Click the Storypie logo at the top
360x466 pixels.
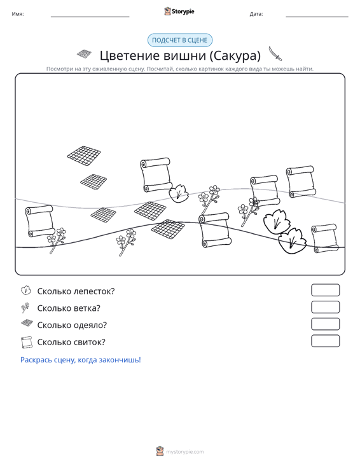[x=179, y=11]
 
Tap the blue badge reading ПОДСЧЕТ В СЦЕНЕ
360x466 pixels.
[x=180, y=40]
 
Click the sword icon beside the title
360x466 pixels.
[x=275, y=54]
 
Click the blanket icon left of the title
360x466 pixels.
[x=84, y=54]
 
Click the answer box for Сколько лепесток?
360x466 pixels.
[x=325, y=290]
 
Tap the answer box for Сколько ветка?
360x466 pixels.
[x=325, y=307]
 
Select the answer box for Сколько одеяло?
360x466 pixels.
[x=325, y=324]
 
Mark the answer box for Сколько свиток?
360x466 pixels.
[x=325, y=341]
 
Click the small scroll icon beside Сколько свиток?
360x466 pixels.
[x=27, y=342]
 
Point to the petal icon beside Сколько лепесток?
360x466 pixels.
[x=26, y=291]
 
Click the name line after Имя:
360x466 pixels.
[x=90, y=17]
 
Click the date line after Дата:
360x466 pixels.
[x=317, y=17]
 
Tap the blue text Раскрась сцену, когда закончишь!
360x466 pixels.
[x=81, y=360]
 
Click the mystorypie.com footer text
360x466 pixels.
[x=185, y=452]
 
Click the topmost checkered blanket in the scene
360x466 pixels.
[x=84, y=156]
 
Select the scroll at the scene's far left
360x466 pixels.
[x=40, y=221]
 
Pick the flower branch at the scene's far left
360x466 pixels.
[x=57, y=240]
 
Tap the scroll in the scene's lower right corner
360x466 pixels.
[x=324, y=238]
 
